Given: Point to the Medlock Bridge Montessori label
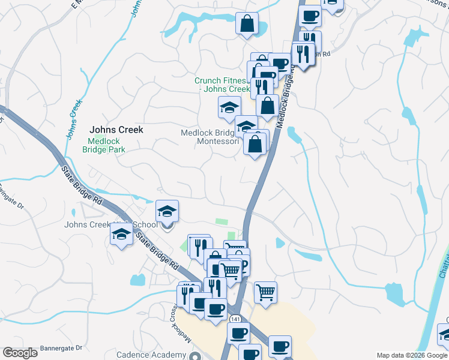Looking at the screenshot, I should click(210, 137).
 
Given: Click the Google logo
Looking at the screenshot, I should click(20, 353).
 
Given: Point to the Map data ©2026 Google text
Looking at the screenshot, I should click(412, 355).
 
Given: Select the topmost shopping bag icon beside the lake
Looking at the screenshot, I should click(247, 25).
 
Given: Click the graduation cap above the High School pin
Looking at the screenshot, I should click(167, 212).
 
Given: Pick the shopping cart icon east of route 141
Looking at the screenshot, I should click(265, 293).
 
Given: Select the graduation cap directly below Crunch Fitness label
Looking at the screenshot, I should click(229, 108).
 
